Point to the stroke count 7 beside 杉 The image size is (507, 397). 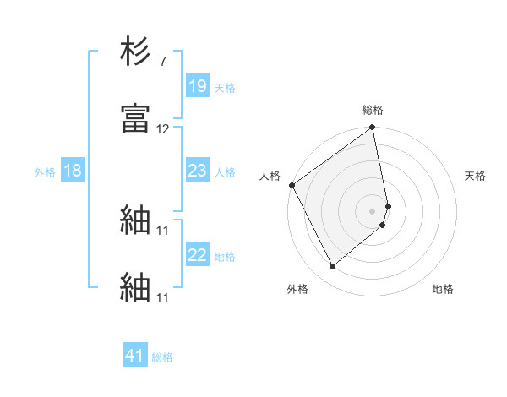(x=164, y=62)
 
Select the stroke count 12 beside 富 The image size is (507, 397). (x=163, y=129)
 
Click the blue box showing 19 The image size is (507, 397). (x=198, y=86)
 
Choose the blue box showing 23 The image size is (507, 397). (x=198, y=171)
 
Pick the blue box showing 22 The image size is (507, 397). (x=198, y=256)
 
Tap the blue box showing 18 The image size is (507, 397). (x=73, y=171)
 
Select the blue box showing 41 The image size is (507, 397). (x=135, y=356)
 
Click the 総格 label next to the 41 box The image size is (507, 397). (x=162, y=357)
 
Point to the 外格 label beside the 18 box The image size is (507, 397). (x=45, y=172)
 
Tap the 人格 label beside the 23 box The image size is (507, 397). (x=225, y=172)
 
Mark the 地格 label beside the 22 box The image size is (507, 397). (x=225, y=257)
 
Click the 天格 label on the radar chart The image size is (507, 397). (x=476, y=176)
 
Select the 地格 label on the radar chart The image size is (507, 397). (x=443, y=289)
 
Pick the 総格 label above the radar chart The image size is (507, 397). (x=373, y=110)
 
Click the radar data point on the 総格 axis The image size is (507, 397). (x=373, y=129)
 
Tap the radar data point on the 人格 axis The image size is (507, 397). (x=292, y=185)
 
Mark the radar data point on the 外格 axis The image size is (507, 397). (x=332, y=267)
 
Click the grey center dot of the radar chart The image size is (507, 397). (x=373, y=210)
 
